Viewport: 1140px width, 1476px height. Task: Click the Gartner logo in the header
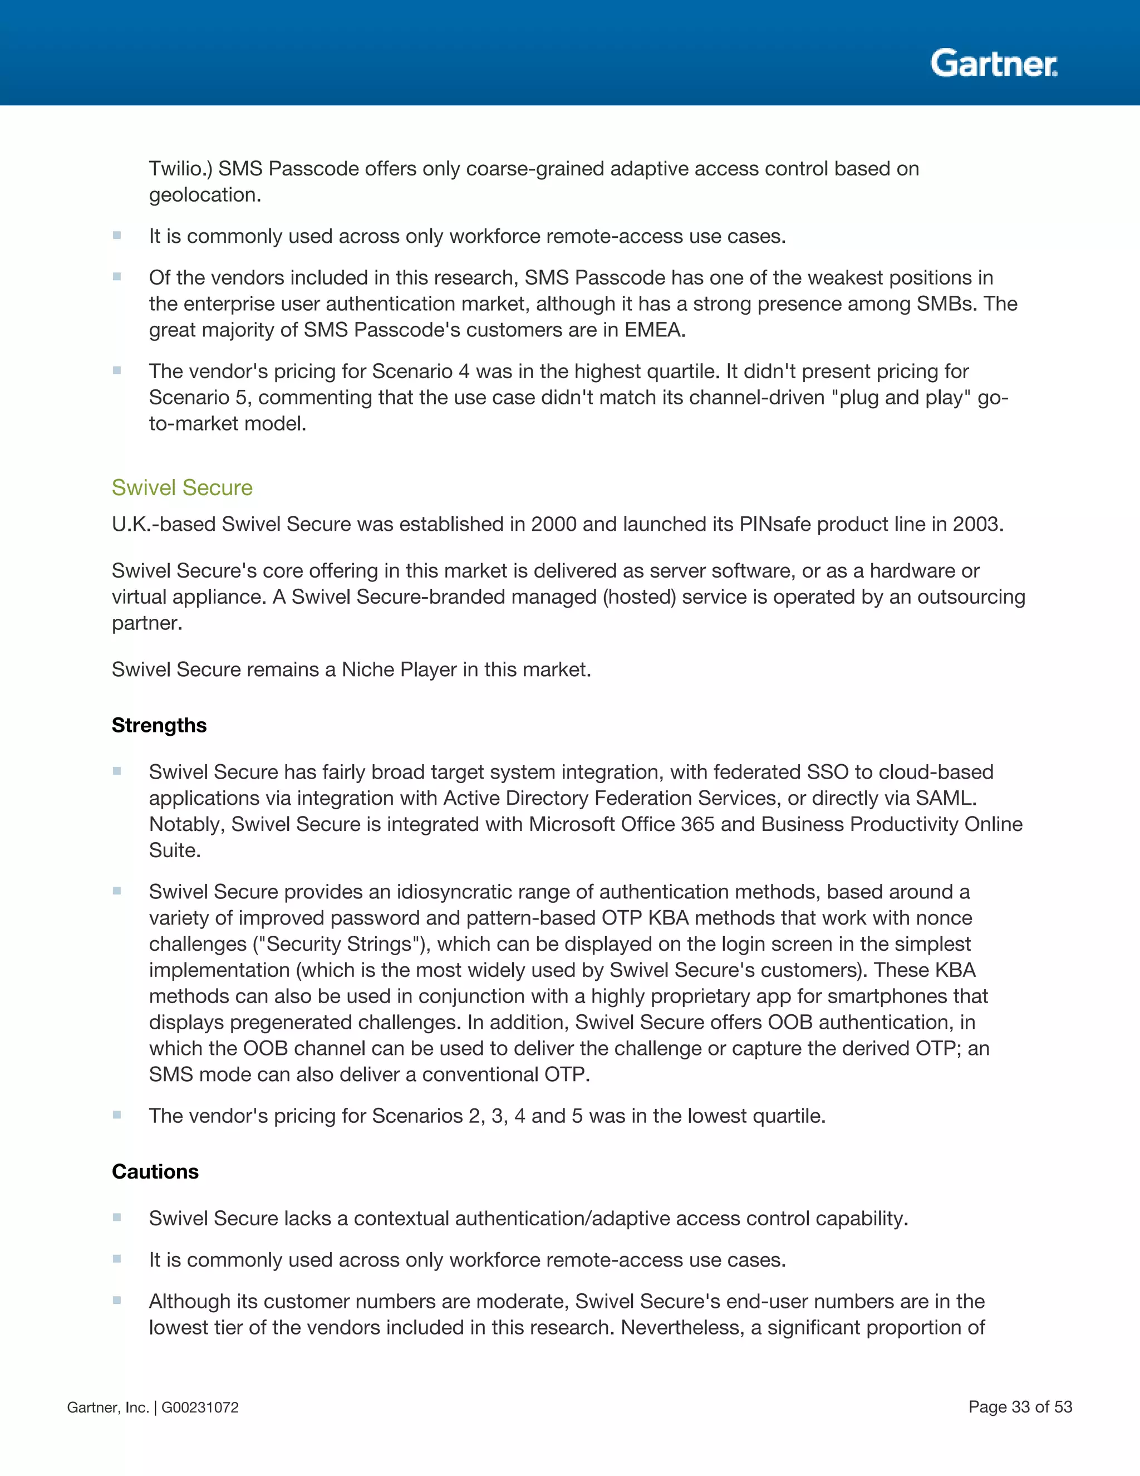pos(994,63)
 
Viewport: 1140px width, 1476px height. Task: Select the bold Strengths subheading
pos(159,725)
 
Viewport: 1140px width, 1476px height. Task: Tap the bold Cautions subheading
pos(155,1171)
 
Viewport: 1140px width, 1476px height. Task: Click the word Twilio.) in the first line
pos(180,168)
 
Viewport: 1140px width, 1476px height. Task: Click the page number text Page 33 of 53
pos(1020,1406)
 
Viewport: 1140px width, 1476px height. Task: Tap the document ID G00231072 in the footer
pos(200,1407)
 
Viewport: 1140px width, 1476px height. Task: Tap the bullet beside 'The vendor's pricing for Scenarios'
pos(117,1115)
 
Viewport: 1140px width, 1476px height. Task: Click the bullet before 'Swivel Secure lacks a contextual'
pos(117,1217)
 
